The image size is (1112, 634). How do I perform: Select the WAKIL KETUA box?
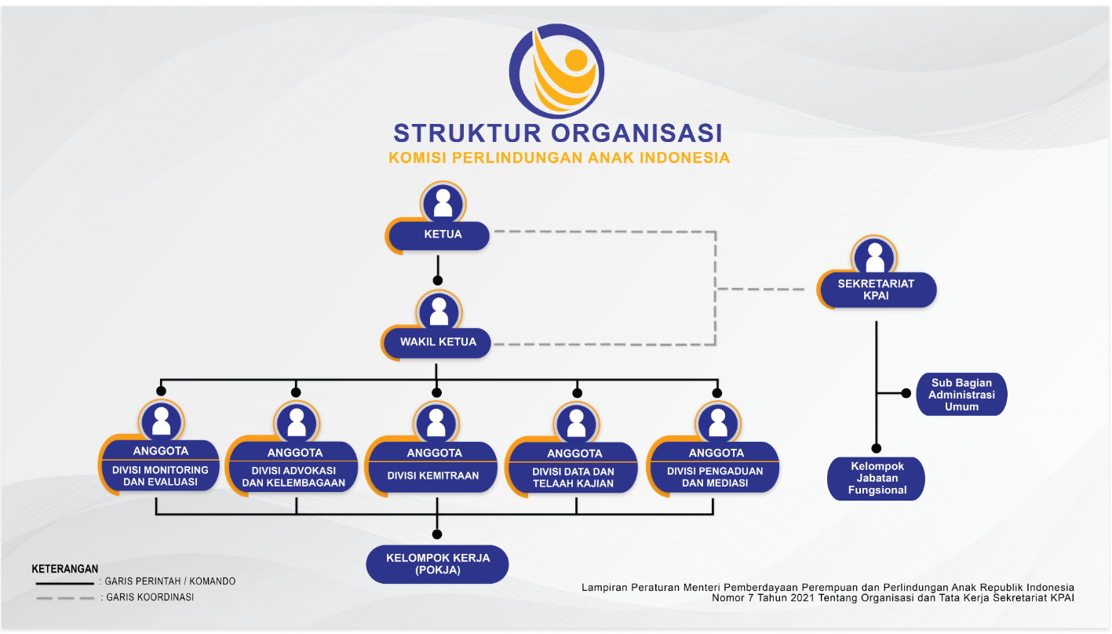pos(438,342)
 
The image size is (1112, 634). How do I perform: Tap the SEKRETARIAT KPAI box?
pos(876,290)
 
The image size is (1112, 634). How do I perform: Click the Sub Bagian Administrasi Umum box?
pos(961,395)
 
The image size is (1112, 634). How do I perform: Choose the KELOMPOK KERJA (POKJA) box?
pos(438,564)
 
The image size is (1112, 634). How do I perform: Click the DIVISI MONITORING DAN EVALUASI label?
pos(161,476)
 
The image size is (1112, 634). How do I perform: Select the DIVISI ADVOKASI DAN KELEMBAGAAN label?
pos(294,477)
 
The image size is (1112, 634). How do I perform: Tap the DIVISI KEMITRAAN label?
pos(433,475)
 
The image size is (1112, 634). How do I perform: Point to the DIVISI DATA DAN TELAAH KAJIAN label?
pos(573,477)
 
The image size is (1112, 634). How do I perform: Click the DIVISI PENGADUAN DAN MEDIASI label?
pos(714,477)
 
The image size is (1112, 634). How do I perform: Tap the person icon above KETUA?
pos(443,202)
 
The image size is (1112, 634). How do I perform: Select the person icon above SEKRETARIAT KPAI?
pos(875,256)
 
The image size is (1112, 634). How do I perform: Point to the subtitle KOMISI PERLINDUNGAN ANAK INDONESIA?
pos(559,158)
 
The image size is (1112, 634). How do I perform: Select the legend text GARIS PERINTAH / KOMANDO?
pos(170,582)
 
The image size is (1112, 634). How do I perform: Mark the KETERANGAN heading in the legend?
pos(65,569)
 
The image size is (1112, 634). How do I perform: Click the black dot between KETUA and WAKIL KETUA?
pos(438,280)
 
